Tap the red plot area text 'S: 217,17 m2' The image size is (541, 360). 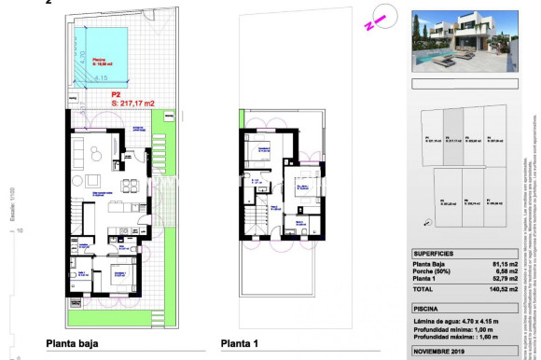(131, 103)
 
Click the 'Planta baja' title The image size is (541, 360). (72, 344)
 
